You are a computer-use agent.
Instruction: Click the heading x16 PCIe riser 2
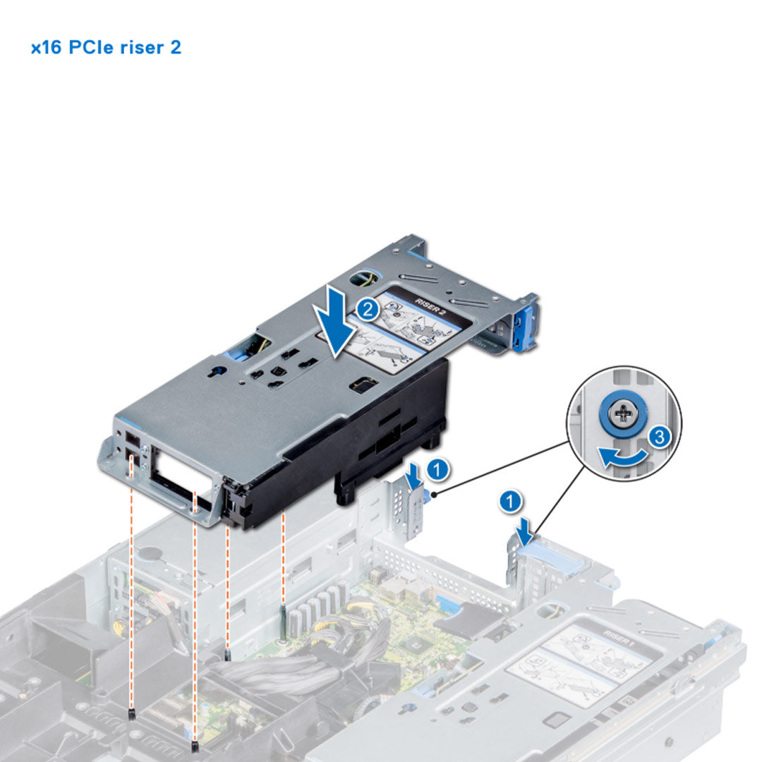click(106, 48)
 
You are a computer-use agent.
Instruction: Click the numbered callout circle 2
click(365, 309)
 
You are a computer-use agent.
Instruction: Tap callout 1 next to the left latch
click(438, 466)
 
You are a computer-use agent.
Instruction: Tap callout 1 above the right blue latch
click(511, 502)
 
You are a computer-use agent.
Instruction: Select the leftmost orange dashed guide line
click(132, 600)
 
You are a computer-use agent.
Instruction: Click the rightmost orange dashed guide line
click(283, 557)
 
